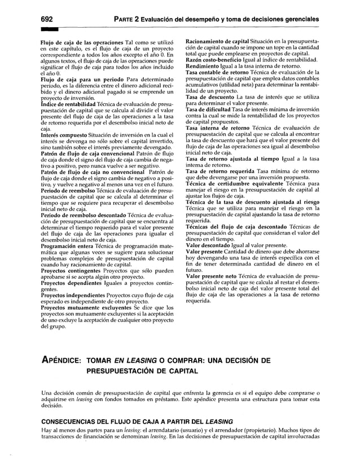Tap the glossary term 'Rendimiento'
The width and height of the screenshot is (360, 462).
click(207, 66)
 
